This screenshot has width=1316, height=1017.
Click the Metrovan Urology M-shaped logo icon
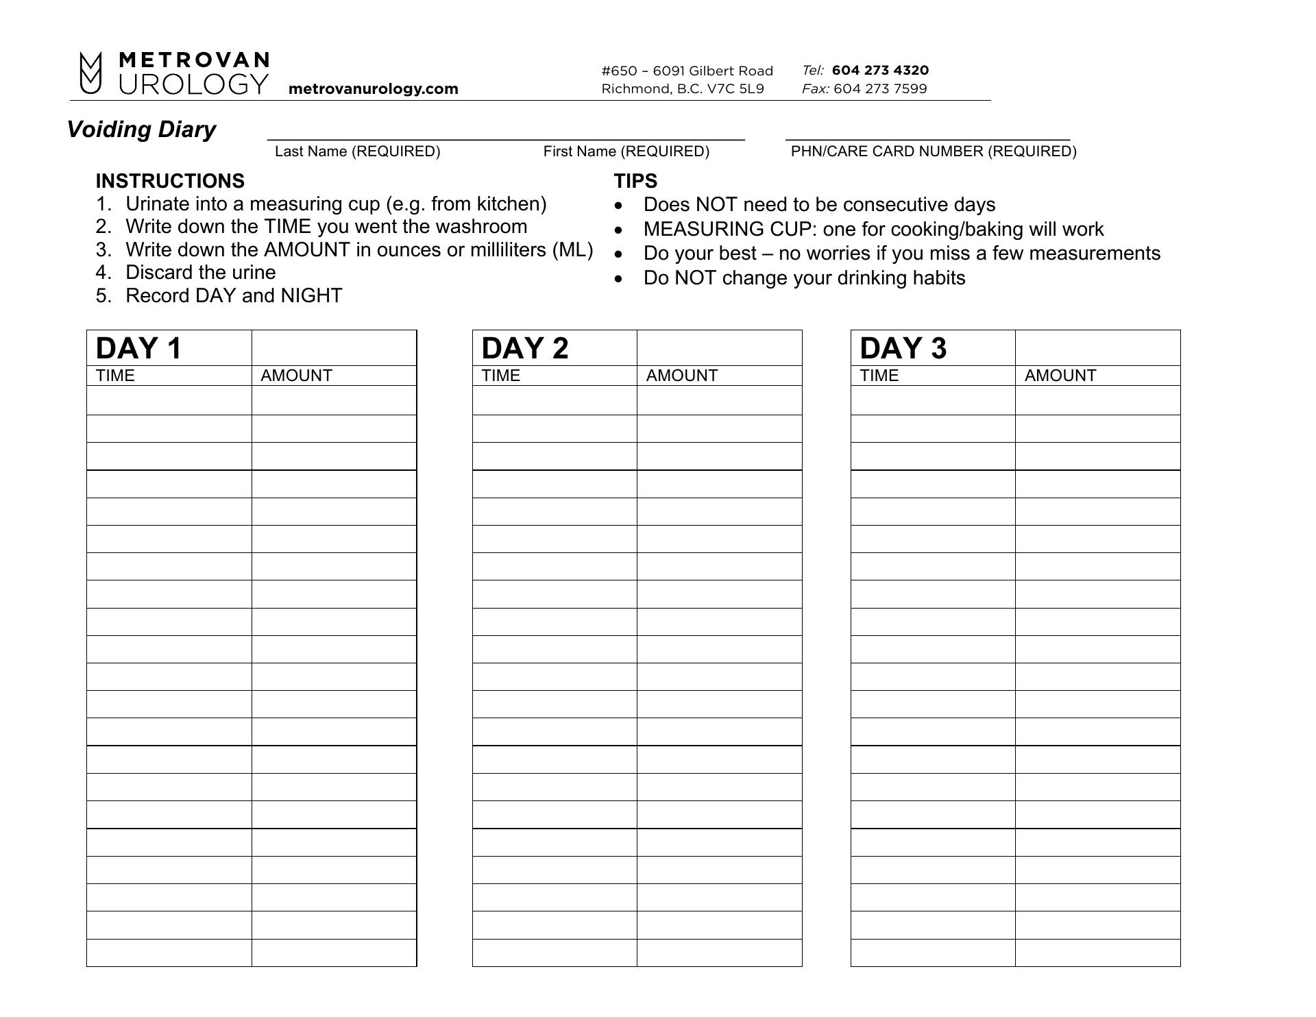click(x=90, y=73)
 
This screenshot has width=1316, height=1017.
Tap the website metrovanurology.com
click(x=373, y=89)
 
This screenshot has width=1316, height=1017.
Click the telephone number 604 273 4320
click(x=880, y=70)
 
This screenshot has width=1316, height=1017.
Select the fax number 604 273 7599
click(x=880, y=88)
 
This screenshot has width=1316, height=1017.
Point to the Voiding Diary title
click(x=141, y=130)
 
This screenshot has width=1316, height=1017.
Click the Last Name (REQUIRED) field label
click(x=357, y=151)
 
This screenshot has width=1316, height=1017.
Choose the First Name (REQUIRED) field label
click(x=626, y=151)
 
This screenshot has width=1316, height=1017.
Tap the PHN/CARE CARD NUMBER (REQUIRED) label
click(x=934, y=151)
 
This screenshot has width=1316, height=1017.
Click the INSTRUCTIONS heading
click(x=170, y=181)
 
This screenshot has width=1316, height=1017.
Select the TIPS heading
click(x=635, y=181)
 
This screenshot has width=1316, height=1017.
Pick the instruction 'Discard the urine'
click(x=200, y=273)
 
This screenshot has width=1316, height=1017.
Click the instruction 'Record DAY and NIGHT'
click(x=234, y=296)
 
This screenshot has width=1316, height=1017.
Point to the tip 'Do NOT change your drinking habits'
click(x=804, y=278)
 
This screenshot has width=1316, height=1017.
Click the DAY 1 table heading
click(x=139, y=348)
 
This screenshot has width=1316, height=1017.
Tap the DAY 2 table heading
click(x=525, y=348)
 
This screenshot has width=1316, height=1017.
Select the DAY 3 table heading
click(x=903, y=348)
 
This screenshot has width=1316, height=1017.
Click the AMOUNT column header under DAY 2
click(x=681, y=376)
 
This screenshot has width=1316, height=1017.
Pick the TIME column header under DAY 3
click(x=879, y=376)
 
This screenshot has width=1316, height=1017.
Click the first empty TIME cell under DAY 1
click(x=169, y=400)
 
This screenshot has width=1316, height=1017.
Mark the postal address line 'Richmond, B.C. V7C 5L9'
click(x=682, y=88)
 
